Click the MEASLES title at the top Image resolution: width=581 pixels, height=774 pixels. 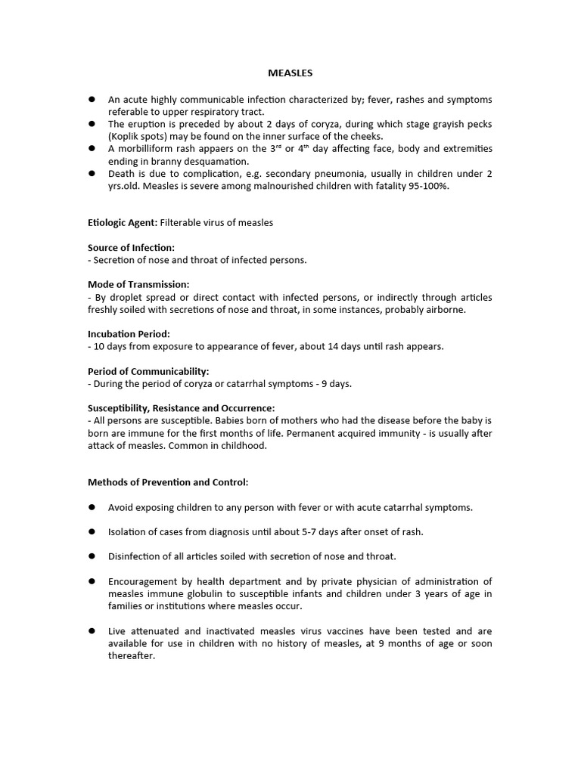click(290, 73)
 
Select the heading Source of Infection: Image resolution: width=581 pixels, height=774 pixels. click(131, 247)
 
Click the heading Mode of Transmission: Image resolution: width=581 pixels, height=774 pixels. click(138, 284)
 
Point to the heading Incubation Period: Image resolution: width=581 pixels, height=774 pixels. click(129, 333)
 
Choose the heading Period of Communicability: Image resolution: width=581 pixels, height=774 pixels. click(148, 371)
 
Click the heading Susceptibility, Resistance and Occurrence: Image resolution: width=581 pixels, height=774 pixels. click(181, 407)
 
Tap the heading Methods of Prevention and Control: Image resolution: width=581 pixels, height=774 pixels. click(168, 481)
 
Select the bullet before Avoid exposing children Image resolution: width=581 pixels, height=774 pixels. click(92, 506)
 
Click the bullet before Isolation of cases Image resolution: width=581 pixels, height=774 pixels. click(92, 531)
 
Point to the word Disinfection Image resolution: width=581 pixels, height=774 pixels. click(135, 556)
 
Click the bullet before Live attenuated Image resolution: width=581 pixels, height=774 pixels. click(92, 630)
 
